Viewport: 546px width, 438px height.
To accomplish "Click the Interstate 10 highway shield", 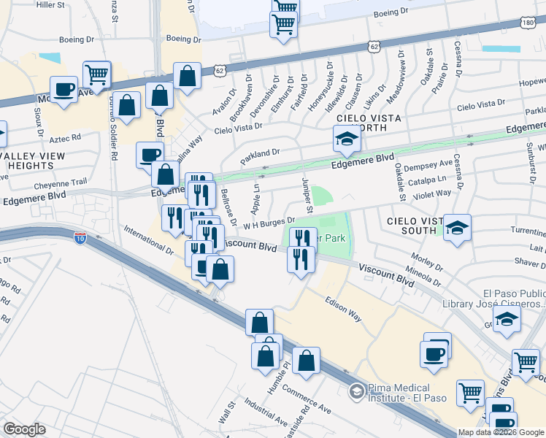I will (80, 237).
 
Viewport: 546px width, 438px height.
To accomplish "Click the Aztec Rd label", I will (66, 137).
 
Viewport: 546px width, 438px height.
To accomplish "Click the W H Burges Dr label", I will (269, 222).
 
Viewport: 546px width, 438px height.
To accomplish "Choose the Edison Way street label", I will (344, 308).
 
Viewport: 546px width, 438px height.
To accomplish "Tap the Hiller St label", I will (50, 5).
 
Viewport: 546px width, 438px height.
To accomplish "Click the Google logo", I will (24, 429).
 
